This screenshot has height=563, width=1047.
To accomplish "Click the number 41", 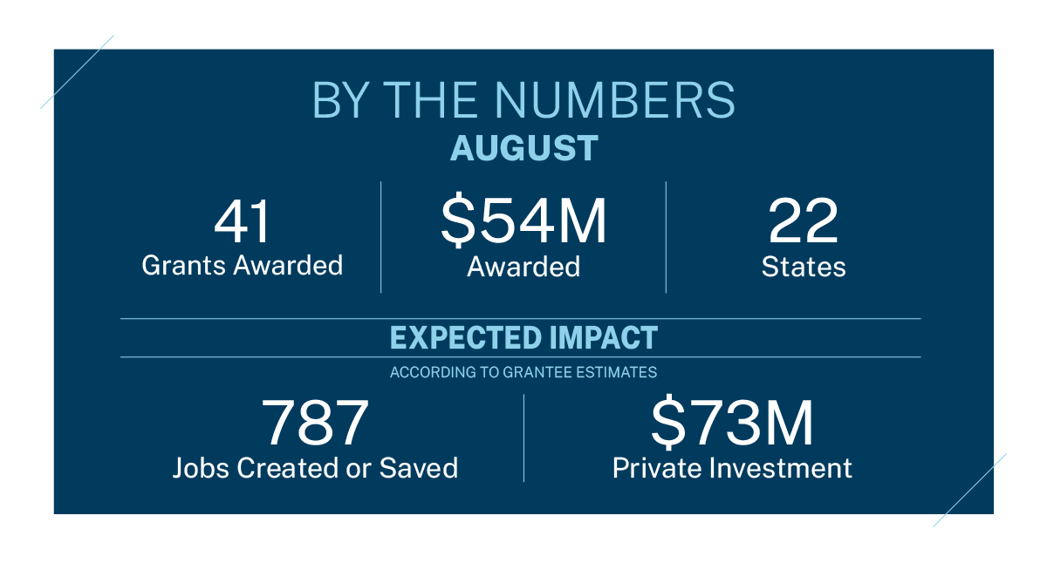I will (x=242, y=222).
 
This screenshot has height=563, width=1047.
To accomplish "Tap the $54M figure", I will (x=523, y=222).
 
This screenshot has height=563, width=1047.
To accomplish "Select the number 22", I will (x=804, y=222).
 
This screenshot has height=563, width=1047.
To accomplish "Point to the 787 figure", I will (x=315, y=424).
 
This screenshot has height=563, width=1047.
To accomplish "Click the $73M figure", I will (x=732, y=424).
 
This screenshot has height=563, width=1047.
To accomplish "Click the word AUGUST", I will (x=523, y=148).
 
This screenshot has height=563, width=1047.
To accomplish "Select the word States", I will (x=804, y=267).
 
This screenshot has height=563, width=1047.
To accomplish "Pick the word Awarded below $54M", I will (x=523, y=267).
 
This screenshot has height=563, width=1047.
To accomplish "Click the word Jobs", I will (x=199, y=468).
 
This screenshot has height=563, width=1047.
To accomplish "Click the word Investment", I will (x=780, y=468).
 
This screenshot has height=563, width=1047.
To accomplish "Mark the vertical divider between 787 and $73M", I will (x=523, y=438).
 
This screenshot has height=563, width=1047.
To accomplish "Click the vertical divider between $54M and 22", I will (x=666, y=237).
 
